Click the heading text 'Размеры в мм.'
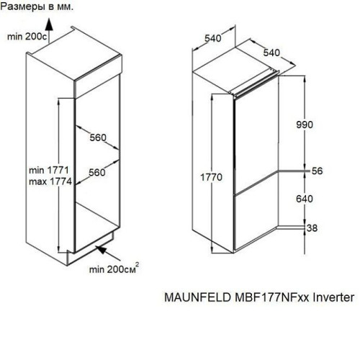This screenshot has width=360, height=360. coord(37,6)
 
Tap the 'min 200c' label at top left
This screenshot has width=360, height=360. coord(27,37)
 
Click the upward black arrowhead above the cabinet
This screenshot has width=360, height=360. coord(49,24)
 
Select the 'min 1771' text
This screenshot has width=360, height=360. coord(49,170)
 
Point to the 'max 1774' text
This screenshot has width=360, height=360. coord(50,181)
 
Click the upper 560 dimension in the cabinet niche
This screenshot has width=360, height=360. coord(98,138)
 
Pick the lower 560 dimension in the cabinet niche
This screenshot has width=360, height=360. coord(97,172)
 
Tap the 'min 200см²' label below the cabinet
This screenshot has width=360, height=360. coord(114,269)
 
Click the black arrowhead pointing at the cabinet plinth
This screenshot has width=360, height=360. coord(102,250)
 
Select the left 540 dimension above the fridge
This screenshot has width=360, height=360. coord(213,38)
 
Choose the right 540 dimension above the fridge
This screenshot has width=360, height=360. coord(271,53)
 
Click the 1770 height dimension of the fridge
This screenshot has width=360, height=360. coord(211,177)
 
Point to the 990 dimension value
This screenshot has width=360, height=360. coord(305,125)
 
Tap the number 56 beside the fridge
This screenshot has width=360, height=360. coord(317,171)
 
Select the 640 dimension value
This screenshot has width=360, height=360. coord(305,199)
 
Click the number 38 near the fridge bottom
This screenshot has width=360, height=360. coord(312,228)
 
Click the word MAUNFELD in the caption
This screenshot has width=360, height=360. coord(197,297)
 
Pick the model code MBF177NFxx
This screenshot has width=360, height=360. coord(272,297)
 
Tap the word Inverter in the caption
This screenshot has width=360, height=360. coord(333,297)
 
